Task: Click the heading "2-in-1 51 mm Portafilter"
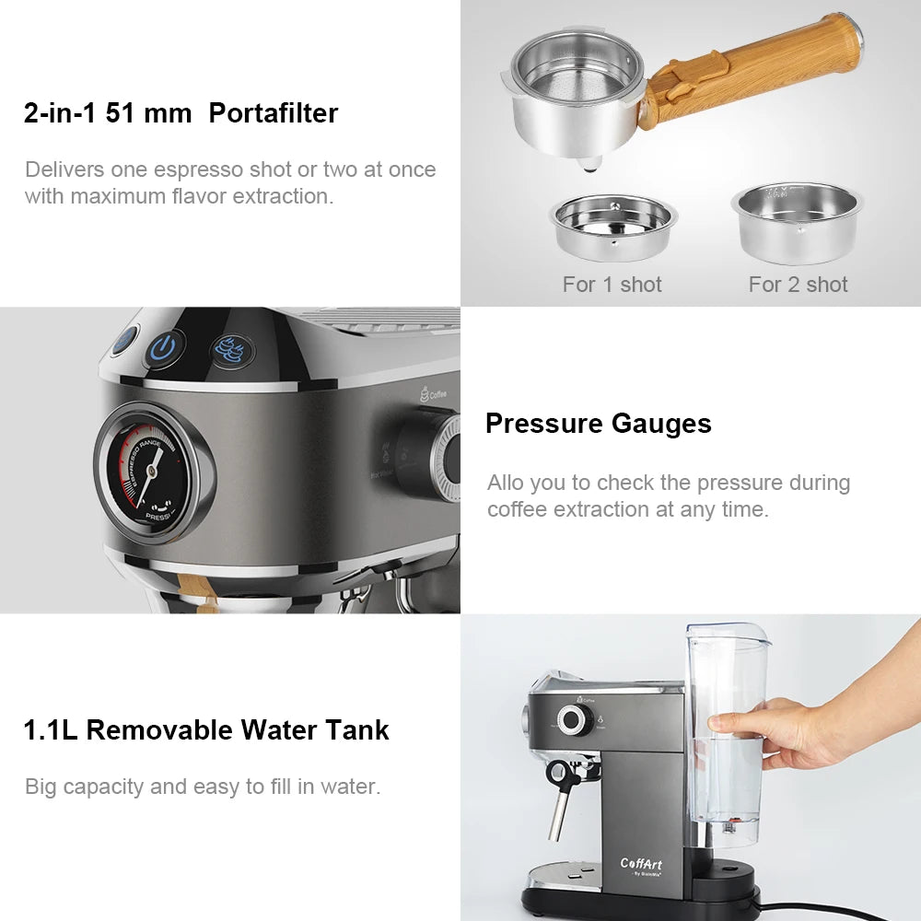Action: point(181,113)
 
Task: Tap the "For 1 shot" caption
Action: point(612,285)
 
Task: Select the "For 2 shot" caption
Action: point(798,285)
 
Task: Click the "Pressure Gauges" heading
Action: point(598,424)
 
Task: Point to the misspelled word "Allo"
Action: point(506,483)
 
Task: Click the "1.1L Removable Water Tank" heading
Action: point(206,730)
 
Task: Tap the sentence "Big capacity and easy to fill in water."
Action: point(203,787)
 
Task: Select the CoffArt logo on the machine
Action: point(641,864)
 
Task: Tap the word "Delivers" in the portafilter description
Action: point(64,169)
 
